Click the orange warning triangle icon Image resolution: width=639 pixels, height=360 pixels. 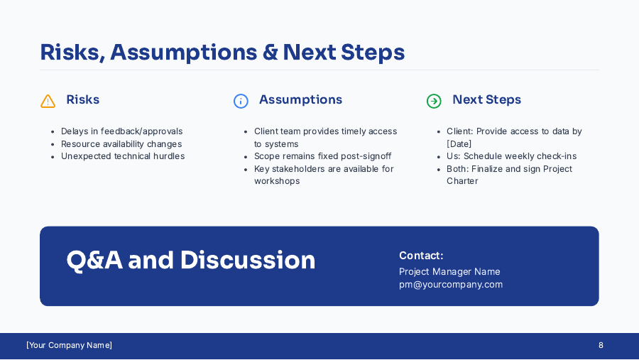[x=48, y=101]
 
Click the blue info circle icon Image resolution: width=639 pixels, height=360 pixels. [x=241, y=101]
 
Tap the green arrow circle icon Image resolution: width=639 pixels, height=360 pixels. [x=434, y=101]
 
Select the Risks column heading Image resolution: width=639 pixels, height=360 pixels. [x=82, y=100]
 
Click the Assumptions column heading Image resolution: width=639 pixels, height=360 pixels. [x=300, y=100]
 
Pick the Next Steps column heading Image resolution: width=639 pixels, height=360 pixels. [x=486, y=100]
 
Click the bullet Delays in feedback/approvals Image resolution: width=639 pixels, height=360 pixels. [x=121, y=131]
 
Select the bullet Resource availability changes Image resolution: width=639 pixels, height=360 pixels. [x=121, y=144]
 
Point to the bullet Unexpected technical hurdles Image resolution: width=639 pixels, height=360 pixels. [x=122, y=156]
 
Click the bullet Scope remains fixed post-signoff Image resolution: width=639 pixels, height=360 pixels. [x=322, y=156]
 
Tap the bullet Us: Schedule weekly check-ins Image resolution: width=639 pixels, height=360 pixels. [x=511, y=156]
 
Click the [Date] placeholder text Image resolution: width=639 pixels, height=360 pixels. [x=459, y=144]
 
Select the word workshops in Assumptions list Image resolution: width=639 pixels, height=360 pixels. [x=277, y=181]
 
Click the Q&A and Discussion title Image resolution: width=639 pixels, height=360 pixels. [x=191, y=261]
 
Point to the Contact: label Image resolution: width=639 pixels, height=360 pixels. [x=421, y=256]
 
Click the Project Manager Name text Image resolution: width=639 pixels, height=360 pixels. [x=449, y=272]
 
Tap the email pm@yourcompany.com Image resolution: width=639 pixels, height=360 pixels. [x=451, y=285]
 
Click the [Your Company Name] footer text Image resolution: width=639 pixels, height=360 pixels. [x=69, y=345]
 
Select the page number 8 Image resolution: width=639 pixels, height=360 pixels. [x=601, y=345]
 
